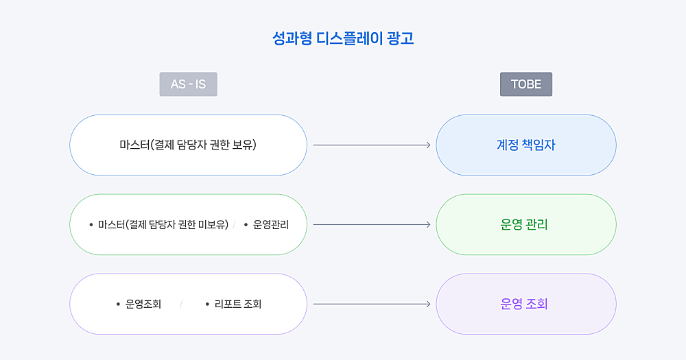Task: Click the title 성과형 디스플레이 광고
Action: (x=343, y=38)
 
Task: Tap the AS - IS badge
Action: (x=188, y=84)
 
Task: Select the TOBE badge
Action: (x=526, y=84)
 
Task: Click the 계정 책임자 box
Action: (x=526, y=145)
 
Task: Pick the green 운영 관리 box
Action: (x=526, y=224)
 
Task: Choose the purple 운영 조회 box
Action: (x=526, y=304)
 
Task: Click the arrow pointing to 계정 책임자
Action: (x=372, y=145)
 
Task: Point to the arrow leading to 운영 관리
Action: (x=372, y=224)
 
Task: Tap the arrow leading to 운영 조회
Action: (x=372, y=304)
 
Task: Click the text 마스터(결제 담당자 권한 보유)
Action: (x=188, y=145)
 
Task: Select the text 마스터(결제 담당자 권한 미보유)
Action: (x=163, y=225)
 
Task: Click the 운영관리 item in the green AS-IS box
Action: (x=271, y=225)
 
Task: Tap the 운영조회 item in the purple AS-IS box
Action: (x=143, y=304)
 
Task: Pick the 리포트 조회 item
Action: (x=238, y=304)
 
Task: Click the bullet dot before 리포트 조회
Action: (x=207, y=304)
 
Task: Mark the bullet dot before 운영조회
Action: (x=118, y=304)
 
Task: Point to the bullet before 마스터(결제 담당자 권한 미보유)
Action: (x=91, y=225)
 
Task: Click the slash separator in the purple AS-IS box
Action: (x=180, y=304)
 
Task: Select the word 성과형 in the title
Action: (x=292, y=38)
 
